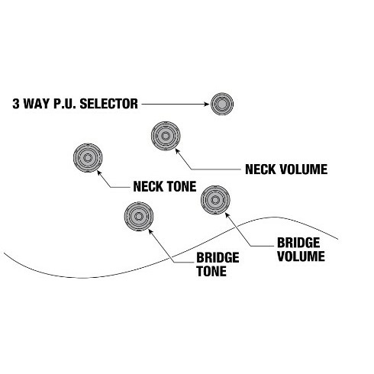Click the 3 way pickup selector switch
pos(222,104)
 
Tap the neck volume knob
pos(166,136)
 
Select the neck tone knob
pos(88,158)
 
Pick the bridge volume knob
pos(215,200)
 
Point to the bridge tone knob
pos(139,217)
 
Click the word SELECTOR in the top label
pos(109,104)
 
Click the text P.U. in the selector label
pos(65,104)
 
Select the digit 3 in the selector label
pos(16,104)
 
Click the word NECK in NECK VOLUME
pos(260,169)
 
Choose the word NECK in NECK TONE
pos(148,186)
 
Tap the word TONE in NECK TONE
pos(182,186)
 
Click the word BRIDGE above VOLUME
pos(298,243)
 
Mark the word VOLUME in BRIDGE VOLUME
pos(301,256)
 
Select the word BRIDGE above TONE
pos(218,258)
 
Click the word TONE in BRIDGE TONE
pos(211,271)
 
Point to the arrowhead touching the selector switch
pos(207,104)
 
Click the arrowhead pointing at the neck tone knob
pos(99,172)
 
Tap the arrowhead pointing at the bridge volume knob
pos(227,215)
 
